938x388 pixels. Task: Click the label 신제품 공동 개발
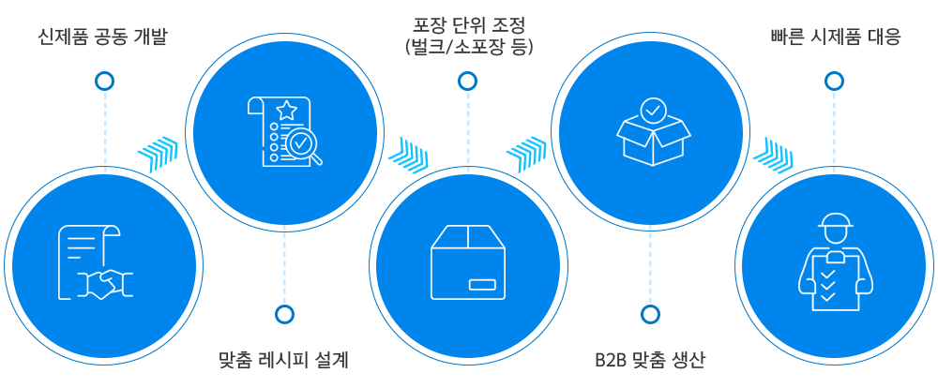coord(103,38)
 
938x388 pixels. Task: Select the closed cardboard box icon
coord(467,261)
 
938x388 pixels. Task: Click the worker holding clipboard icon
coord(834,263)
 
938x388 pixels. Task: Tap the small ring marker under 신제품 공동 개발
coord(104,82)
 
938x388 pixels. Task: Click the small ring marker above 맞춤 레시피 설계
coord(283,315)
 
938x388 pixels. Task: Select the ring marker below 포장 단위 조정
coord(466,82)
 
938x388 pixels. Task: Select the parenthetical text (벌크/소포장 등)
coord(466,46)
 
